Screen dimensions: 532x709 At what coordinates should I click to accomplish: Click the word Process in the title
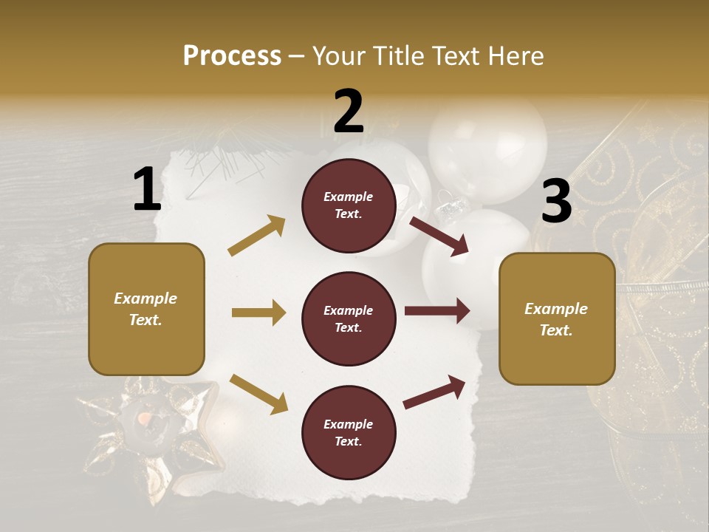pyautogui.click(x=232, y=55)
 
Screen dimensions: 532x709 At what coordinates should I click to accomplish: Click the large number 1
pyautogui.click(x=147, y=189)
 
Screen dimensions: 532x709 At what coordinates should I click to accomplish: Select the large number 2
pyautogui.click(x=349, y=112)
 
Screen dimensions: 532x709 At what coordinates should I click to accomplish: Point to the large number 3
pyautogui.click(x=556, y=202)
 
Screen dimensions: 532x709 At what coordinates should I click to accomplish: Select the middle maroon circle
pyautogui.click(x=349, y=318)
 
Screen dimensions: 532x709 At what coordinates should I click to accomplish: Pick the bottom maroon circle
pyautogui.click(x=349, y=432)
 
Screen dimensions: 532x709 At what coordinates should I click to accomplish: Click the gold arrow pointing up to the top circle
pyautogui.click(x=256, y=236)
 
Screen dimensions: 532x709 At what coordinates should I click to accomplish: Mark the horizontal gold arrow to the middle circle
pyautogui.click(x=258, y=313)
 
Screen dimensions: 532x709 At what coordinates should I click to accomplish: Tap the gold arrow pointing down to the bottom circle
pyautogui.click(x=258, y=393)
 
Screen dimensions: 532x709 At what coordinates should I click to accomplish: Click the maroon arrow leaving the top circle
pyautogui.click(x=439, y=236)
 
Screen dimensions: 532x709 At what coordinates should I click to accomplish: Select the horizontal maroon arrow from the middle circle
pyautogui.click(x=437, y=310)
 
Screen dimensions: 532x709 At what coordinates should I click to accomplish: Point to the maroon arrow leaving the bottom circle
pyautogui.click(x=434, y=392)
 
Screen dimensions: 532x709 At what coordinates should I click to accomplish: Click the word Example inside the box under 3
pyautogui.click(x=556, y=309)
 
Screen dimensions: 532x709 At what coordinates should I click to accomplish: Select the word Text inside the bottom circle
pyautogui.click(x=348, y=441)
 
